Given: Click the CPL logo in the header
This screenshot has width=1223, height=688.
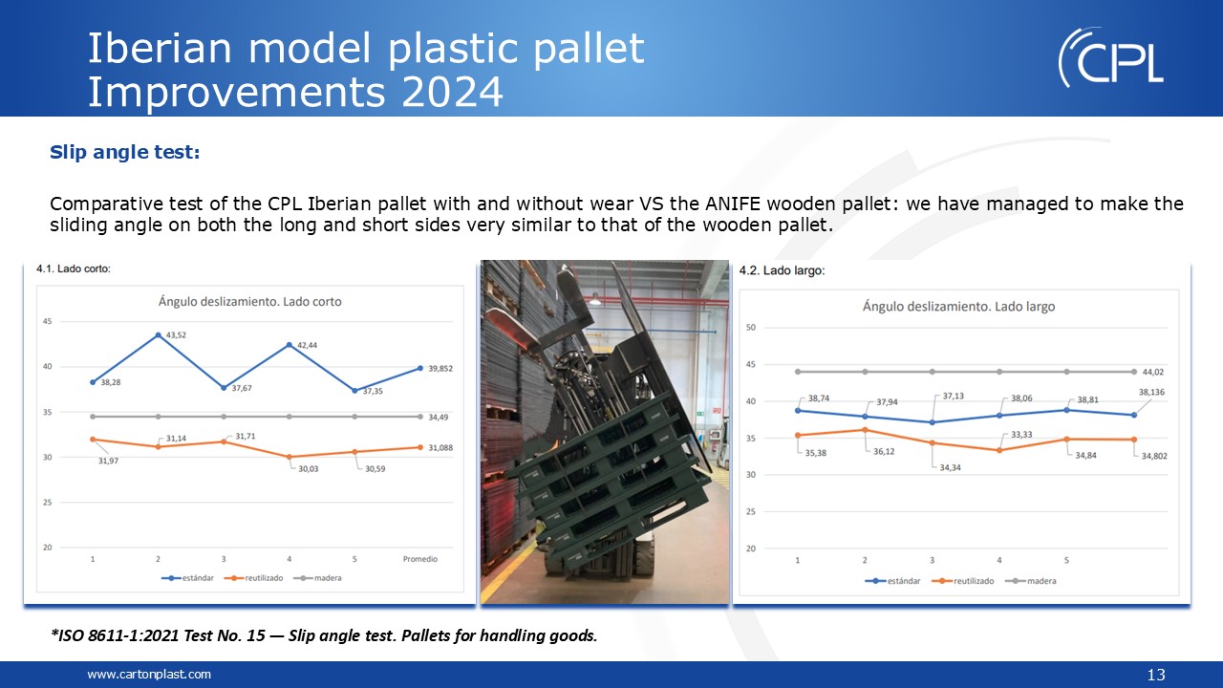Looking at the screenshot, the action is [1111, 57].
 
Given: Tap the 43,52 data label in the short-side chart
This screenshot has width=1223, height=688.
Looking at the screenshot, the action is [176, 334].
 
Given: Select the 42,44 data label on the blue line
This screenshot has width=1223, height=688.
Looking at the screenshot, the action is [307, 345].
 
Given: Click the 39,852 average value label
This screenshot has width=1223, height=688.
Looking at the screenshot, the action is [440, 369].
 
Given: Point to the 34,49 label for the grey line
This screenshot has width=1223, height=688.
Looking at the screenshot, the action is [438, 418].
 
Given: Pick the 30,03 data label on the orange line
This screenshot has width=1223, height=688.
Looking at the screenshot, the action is [308, 469].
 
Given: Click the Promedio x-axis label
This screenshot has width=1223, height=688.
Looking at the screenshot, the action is [419, 559].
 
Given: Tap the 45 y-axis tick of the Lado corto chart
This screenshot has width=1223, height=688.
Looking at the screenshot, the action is [48, 321].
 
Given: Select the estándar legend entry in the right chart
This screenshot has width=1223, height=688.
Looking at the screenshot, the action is [892, 581].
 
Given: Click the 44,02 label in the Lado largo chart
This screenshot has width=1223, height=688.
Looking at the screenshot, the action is [1153, 372].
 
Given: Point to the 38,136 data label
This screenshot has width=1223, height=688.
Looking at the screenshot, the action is [1151, 392].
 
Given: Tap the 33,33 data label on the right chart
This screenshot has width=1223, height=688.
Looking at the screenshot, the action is [1021, 435].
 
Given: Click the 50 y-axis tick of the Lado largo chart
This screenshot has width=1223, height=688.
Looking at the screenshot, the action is [751, 328].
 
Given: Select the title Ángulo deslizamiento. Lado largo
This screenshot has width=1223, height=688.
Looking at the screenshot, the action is [958, 307].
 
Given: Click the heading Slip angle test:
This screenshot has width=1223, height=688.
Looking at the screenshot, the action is [125, 152].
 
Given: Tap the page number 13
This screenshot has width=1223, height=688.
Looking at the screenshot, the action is [1156, 675].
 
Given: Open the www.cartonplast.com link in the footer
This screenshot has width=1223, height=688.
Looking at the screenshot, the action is [149, 675].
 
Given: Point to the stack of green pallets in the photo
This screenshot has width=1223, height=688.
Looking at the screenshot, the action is [606, 481].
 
